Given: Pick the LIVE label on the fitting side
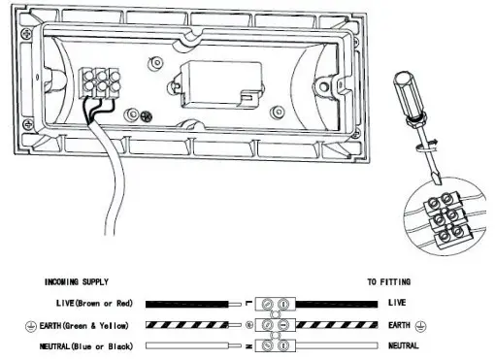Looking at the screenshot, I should tap(398, 304).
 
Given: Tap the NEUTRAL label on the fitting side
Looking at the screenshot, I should tap(403, 344).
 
